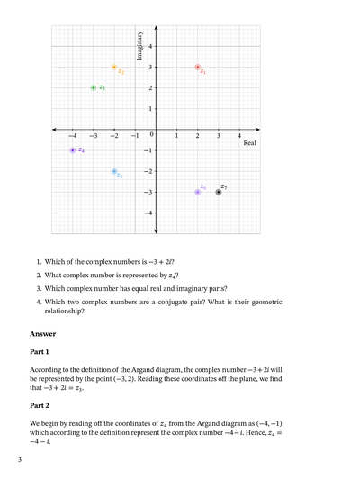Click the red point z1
point(198,68)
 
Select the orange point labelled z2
point(114,68)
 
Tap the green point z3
point(94,88)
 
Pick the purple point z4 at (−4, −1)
point(73,150)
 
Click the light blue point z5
point(114,171)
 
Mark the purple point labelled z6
point(198,192)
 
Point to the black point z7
point(219,192)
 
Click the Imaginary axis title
point(139,45)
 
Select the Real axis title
point(250,143)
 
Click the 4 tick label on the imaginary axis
point(150,46)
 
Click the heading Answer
point(44,333)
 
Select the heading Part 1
point(40,351)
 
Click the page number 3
point(18,460)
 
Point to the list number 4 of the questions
point(39,302)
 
